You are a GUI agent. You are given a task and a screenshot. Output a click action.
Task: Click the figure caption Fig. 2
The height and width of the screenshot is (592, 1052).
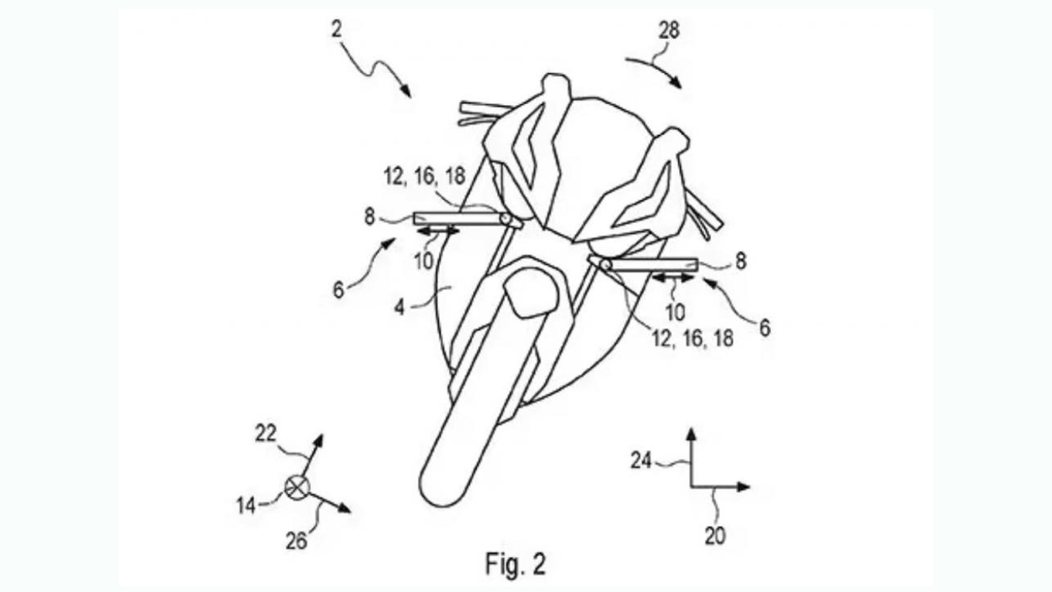coord(515,564)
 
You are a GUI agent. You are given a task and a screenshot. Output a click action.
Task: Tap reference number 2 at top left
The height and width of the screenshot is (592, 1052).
coord(337,30)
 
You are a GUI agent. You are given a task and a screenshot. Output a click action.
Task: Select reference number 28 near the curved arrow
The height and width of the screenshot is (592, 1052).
coord(669,30)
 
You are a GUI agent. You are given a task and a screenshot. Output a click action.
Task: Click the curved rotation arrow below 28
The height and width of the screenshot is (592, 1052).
coord(654,69)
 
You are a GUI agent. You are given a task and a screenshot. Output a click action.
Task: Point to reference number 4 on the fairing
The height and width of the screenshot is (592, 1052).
coord(400,307)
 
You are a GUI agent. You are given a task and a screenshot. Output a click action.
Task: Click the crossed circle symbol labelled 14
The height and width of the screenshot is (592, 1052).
coord(297,487)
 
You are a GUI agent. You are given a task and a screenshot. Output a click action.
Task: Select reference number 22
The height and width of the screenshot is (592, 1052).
coord(266,434)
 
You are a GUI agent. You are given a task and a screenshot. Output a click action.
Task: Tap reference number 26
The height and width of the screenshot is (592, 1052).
coord(297,541)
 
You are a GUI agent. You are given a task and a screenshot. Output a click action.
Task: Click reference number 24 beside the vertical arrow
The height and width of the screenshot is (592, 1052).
coord(641,461)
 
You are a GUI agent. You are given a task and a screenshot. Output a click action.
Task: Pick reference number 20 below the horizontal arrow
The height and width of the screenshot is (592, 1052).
coord(715,536)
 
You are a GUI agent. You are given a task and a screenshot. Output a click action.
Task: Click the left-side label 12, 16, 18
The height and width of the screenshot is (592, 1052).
coord(424,176)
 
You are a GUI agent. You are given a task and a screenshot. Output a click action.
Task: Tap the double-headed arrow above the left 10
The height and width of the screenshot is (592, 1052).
coord(438,231)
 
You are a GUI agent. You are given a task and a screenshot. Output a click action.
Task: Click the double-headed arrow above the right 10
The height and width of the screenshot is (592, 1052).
coord(673,278)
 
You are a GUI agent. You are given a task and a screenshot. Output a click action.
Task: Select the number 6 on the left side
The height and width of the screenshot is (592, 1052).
coord(338,290)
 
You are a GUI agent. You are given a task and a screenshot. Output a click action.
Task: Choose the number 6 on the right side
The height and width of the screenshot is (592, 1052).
coord(765,328)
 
